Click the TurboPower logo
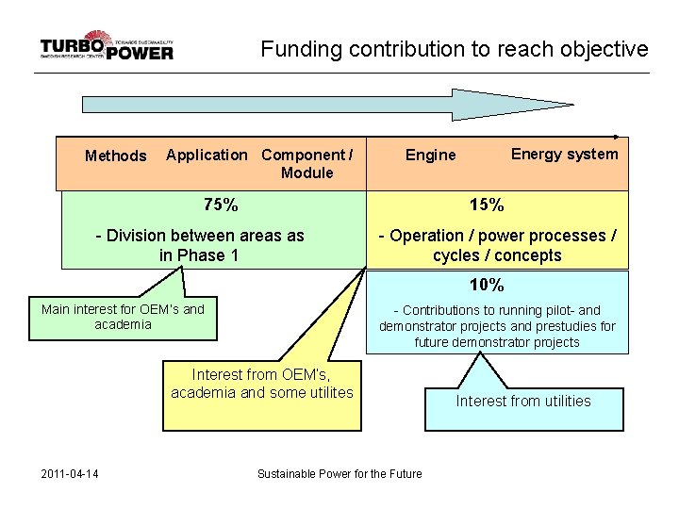[107, 47]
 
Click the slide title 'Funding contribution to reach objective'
[455, 49]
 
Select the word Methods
[116, 156]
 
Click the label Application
[207, 155]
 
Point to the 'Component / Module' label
[307, 163]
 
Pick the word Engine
[430, 156]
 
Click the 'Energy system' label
[564, 154]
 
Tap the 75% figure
[221, 205]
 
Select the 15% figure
[487, 205]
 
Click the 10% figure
[487, 285]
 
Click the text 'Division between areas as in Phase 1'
[201, 245]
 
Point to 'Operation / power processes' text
[497, 236]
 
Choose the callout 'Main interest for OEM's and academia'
[123, 316]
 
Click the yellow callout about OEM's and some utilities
[262, 384]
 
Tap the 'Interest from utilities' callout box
[523, 402]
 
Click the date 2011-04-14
[71, 473]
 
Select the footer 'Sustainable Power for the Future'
[339, 473]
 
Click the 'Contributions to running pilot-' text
[497, 310]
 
